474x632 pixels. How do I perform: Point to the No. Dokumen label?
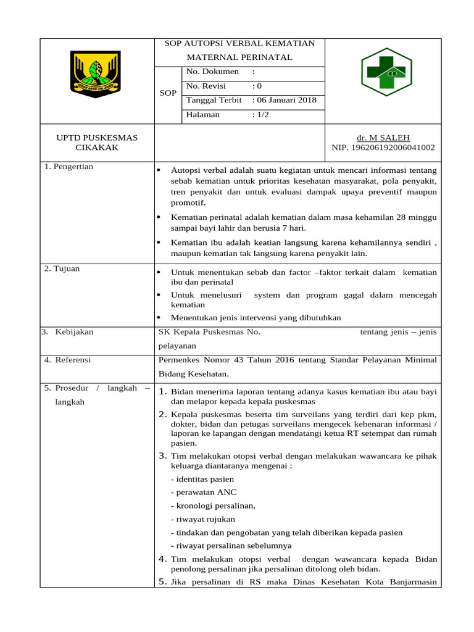212,72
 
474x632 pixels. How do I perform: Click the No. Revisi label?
206,86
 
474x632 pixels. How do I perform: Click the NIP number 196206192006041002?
383,148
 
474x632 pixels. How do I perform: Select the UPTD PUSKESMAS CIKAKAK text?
97,143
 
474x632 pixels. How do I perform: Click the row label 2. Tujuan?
62,268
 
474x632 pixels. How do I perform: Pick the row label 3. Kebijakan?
68,332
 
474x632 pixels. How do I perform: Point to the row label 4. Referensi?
67,360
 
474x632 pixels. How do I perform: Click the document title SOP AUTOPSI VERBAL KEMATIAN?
239,43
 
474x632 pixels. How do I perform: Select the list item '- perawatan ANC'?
204,493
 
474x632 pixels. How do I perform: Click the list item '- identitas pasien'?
202,479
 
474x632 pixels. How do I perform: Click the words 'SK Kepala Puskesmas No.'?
210,332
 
